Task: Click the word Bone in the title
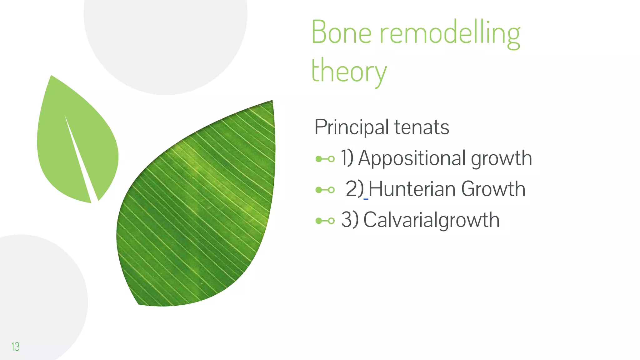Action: coord(341,32)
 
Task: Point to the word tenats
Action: coord(422,127)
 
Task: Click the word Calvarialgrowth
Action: coord(431,220)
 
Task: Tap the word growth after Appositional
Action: coord(501,158)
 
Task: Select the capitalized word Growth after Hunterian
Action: coord(493,189)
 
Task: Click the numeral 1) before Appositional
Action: coord(347,158)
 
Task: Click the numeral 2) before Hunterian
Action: coord(354,189)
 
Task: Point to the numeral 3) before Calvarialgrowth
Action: coord(349,220)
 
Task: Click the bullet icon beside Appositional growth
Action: coord(325,159)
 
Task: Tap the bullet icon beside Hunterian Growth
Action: coord(325,190)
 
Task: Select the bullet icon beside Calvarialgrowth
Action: coord(325,221)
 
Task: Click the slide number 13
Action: coord(15,347)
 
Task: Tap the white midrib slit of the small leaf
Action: coord(80,156)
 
